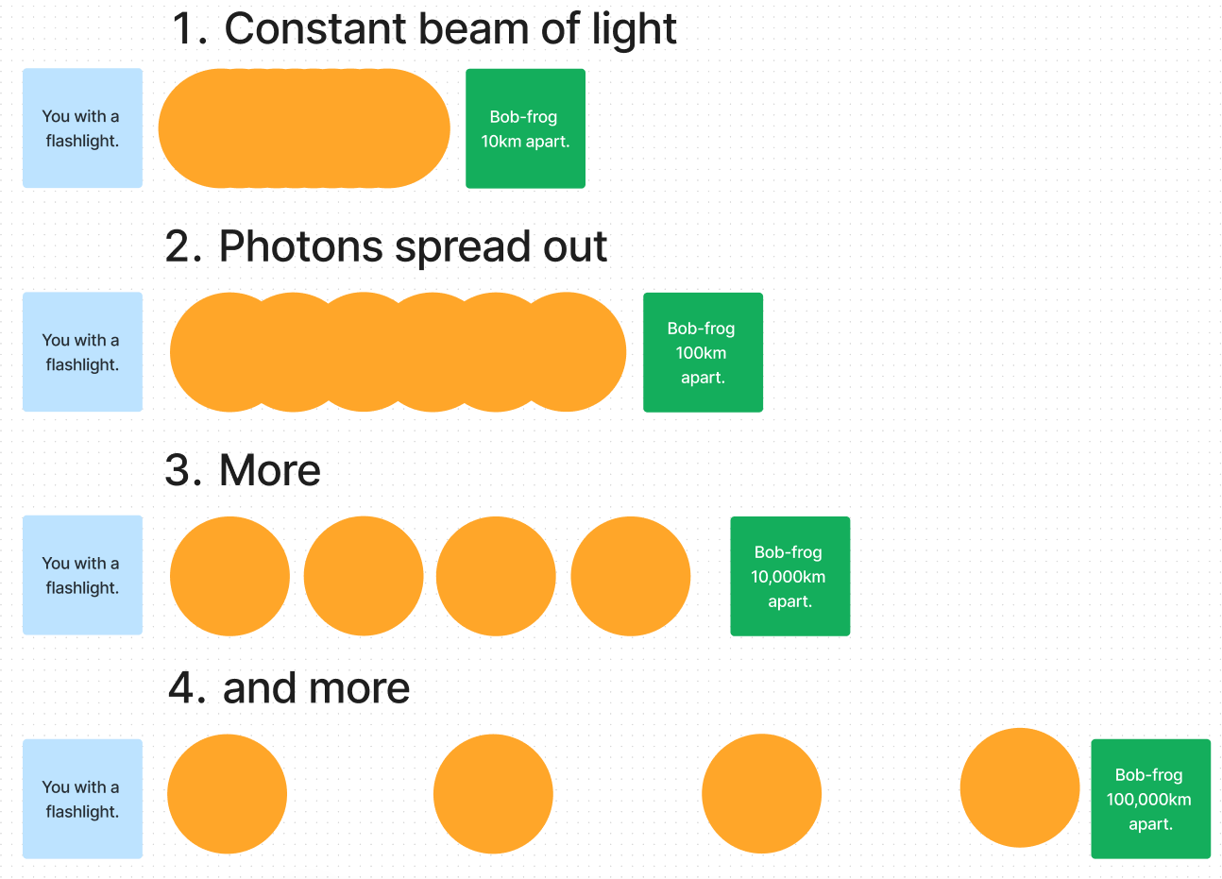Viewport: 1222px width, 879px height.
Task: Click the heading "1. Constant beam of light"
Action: (424, 29)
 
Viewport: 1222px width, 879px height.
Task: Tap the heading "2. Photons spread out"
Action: (385, 246)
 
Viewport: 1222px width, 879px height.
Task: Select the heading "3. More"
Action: (243, 470)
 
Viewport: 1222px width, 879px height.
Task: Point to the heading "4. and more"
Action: (289, 688)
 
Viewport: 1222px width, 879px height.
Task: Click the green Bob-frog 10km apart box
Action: (525, 128)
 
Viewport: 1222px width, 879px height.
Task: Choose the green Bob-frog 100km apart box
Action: (703, 352)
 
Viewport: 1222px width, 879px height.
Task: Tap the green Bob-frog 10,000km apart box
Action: (789, 576)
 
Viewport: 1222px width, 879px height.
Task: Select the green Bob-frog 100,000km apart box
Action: (1150, 799)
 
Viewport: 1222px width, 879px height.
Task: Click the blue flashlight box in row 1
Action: (82, 128)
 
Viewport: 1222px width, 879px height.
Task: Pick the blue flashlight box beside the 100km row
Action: (82, 352)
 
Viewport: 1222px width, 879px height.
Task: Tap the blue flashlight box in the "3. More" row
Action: (82, 575)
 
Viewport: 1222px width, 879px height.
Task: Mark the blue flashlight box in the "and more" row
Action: (82, 799)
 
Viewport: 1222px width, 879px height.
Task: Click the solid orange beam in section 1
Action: (304, 128)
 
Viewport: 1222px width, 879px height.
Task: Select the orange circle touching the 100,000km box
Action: (1019, 787)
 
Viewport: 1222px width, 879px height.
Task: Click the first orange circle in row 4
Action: (227, 794)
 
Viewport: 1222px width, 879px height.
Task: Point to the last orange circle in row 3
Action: (631, 576)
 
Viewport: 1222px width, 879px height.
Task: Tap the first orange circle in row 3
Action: (229, 576)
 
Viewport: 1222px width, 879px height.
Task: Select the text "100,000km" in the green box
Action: (1148, 800)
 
